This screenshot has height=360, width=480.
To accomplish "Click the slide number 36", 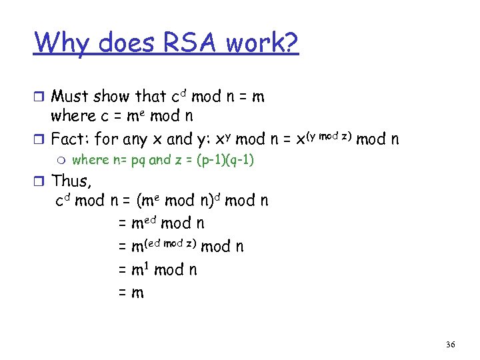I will (x=451, y=344).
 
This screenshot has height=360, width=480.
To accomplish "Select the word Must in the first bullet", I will (x=71, y=97).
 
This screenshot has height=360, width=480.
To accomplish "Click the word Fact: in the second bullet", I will (x=71, y=139).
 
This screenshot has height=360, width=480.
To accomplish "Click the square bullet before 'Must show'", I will (x=41, y=97).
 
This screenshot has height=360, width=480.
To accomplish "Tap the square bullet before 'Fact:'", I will (x=41, y=140).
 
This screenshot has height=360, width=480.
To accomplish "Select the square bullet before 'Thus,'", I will (x=41, y=181).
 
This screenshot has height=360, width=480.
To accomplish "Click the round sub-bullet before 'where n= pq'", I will (x=62, y=160).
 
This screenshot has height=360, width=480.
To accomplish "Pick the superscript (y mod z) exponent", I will (x=328, y=137).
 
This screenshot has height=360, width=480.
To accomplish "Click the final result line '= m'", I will (x=131, y=292).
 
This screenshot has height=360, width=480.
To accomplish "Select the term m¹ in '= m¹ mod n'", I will (x=140, y=269).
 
